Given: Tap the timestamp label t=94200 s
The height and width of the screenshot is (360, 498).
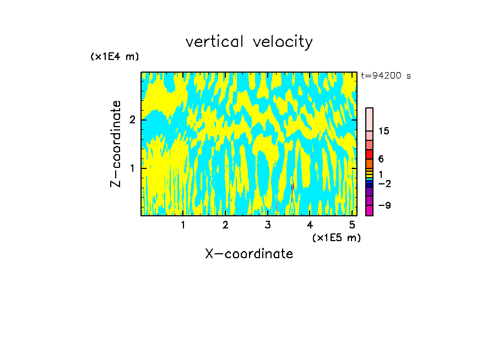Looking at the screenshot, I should point(386,76).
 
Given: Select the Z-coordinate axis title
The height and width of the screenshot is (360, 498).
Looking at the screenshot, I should point(116,144).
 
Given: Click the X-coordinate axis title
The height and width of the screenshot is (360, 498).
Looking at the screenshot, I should point(249,254).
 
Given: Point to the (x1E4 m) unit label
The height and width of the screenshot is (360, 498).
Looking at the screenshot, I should point(115,57).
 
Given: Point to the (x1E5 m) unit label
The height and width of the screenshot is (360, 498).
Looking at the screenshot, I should point(336,237).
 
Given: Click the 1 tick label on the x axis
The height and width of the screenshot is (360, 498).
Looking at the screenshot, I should point(183,225).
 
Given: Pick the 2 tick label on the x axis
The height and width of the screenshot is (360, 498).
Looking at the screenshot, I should point(225,225).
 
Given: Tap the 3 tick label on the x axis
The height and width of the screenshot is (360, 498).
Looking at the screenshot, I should point(268,225).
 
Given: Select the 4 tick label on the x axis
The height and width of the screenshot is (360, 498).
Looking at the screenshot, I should point(310,225).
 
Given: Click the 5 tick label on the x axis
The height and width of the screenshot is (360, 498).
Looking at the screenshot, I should point(353,225).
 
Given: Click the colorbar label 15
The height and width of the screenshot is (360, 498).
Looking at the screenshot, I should point(384,131).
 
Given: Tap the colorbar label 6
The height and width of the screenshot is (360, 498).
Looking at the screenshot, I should point(381,159).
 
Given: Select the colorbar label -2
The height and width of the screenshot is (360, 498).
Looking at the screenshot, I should point(384,184).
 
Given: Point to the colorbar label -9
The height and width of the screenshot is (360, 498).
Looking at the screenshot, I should point(384,206).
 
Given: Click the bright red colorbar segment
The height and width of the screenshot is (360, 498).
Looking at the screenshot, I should point(369,154).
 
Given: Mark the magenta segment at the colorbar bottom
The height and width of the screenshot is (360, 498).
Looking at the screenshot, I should point(369,210).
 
